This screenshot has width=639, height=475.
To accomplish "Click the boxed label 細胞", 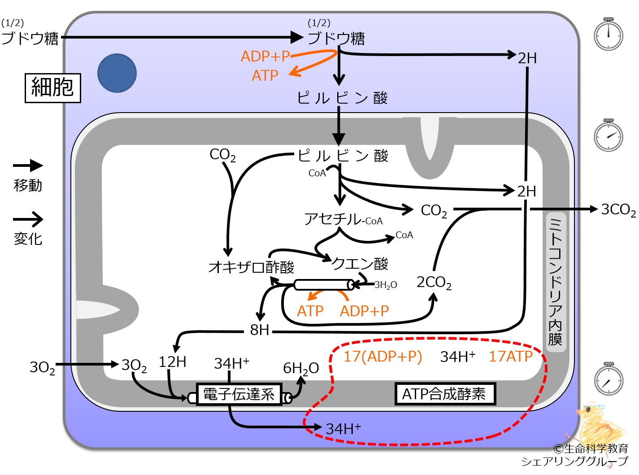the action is (x=53, y=88).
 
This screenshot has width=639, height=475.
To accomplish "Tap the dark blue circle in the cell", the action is (x=117, y=73).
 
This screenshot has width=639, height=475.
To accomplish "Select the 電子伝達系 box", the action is (x=239, y=394).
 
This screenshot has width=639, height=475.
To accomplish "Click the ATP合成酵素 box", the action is (x=445, y=394).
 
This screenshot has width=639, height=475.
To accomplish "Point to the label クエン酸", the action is (x=360, y=263).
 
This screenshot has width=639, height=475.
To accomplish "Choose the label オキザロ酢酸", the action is (x=251, y=267).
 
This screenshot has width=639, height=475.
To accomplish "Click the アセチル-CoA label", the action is (x=343, y=219).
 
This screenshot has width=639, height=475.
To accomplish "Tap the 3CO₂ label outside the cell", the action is (x=618, y=210).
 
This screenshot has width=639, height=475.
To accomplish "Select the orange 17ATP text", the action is (x=510, y=356).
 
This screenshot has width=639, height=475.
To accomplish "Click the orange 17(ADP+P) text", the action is (x=383, y=357).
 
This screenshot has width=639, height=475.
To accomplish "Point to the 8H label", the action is (x=259, y=330).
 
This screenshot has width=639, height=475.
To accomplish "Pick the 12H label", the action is (x=173, y=362).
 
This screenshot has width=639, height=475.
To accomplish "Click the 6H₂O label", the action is (x=301, y=368).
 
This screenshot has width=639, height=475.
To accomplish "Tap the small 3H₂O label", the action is (x=386, y=285).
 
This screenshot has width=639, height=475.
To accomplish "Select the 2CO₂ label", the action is (x=434, y=283).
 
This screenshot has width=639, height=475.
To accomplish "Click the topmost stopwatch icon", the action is (x=609, y=34).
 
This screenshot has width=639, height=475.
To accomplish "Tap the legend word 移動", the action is (x=28, y=185).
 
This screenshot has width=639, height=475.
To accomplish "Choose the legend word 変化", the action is (x=28, y=239).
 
